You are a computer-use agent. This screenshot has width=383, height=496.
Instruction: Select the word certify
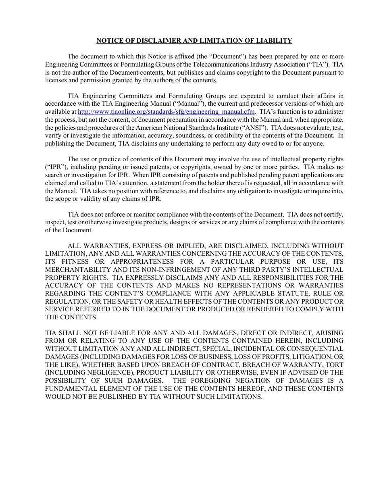click(x=332, y=214)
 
